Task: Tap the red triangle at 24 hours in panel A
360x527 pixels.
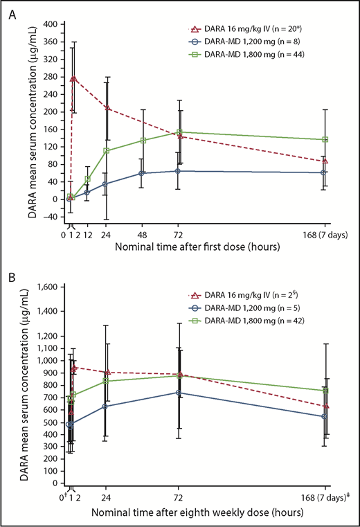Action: [107, 107]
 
